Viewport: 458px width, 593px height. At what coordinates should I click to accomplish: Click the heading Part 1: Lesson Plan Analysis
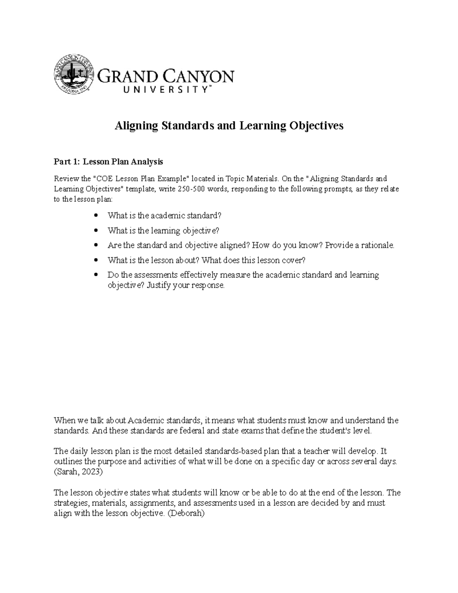[x=108, y=162]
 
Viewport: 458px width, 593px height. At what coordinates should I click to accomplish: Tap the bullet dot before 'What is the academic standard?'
[x=96, y=216]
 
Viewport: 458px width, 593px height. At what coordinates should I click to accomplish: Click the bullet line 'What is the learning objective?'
[x=163, y=231]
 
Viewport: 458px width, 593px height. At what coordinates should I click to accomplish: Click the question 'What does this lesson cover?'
[x=253, y=260]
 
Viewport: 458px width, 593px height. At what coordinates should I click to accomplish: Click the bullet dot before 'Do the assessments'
[x=96, y=275]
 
